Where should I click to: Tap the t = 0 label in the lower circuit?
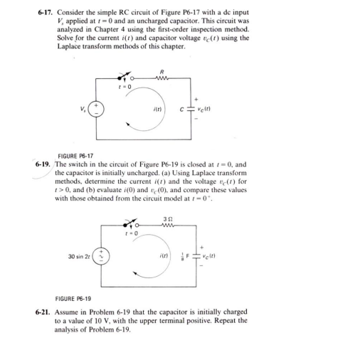(152, 235)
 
